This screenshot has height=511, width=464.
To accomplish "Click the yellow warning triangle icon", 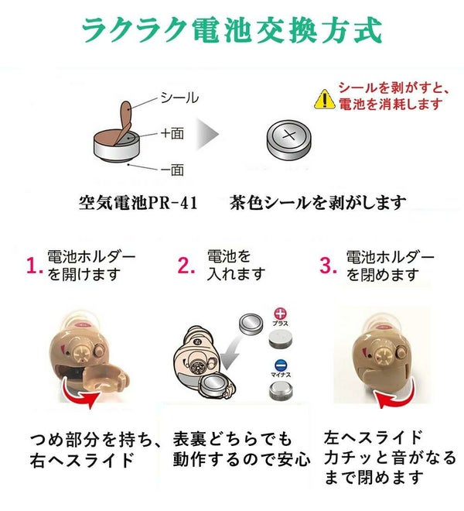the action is pyautogui.click(x=324, y=99).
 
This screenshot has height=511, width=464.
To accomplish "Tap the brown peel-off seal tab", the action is pyautogui.click(x=125, y=122).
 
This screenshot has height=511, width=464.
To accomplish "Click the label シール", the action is pyautogui.click(x=179, y=98).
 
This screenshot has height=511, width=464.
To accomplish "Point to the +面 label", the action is pyautogui.click(x=172, y=133).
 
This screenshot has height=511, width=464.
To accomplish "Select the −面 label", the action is pyautogui.click(x=172, y=170).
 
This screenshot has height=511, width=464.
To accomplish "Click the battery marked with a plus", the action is pyautogui.click(x=288, y=140).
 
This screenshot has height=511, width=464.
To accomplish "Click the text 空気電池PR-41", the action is pyautogui.click(x=138, y=203).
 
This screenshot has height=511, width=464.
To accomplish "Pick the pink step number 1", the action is pyautogui.click(x=34, y=266).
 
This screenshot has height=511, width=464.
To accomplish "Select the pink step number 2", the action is pyautogui.click(x=186, y=266).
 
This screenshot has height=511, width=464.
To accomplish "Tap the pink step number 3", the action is pyautogui.click(x=328, y=266).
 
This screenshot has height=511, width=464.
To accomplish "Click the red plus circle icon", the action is pyautogui.click(x=280, y=314).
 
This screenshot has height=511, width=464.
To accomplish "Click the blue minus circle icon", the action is pyautogui.click(x=281, y=365).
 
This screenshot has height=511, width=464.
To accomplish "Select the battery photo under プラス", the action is pyautogui.click(x=281, y=338).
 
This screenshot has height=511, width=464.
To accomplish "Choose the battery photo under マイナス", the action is pyautogui.click(x=281, y=391).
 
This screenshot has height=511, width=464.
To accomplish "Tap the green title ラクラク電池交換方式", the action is pyautogui.click(x=232, y=30).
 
